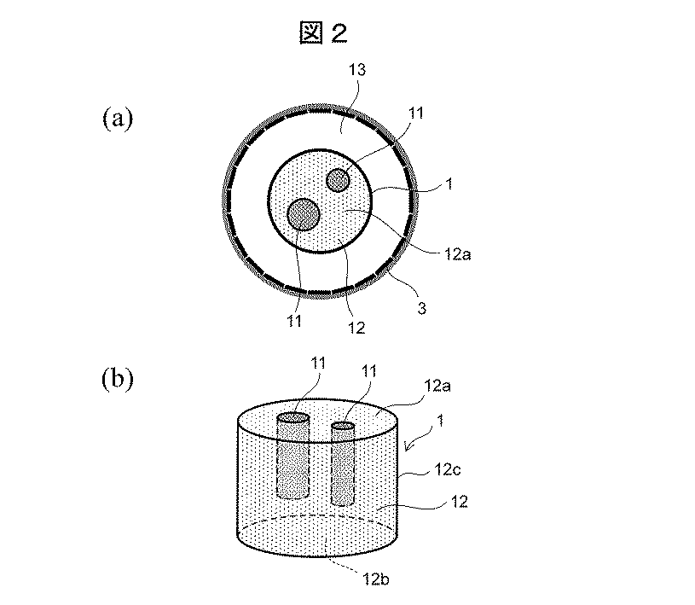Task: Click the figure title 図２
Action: (324, 33)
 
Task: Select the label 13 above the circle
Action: (358, 73)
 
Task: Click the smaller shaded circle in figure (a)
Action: (339, 180)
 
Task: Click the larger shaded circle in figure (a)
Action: (304, 214)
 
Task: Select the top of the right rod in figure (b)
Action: (343, 426)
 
